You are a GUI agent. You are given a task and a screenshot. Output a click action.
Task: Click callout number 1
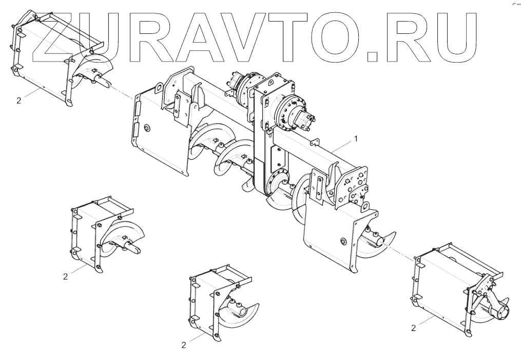coord(355,139)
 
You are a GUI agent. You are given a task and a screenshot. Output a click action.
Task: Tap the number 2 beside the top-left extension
coord(19,101)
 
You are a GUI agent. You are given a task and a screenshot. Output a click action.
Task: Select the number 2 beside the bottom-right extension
coord(413,327)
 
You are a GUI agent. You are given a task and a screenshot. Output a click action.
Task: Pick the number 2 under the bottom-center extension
coord(184,345)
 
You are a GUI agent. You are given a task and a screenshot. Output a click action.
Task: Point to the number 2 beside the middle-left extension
coord(65,276)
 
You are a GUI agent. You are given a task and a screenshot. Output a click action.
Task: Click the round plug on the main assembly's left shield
coord(147,128)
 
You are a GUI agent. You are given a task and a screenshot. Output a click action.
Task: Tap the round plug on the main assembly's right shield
coord(343,240)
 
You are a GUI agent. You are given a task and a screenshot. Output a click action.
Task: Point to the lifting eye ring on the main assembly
coord(366,207)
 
